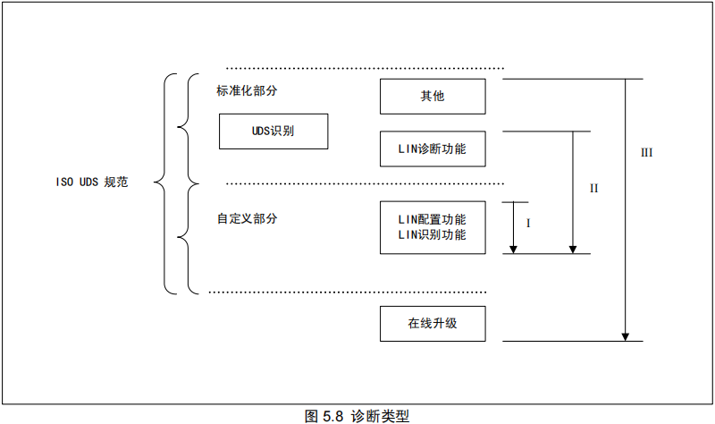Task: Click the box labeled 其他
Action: [x=433, y=97]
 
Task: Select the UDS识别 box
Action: [x=273, y=131]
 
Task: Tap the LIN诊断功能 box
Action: [x=433, y=148]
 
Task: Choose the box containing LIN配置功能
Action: [x=433, y=227]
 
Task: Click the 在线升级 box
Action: [x=433, y=324]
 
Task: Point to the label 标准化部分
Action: [x=247, y=91]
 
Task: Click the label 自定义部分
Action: [x=247, y=218]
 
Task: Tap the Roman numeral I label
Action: [x=528, y=224]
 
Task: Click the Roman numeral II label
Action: [x=593, y=189]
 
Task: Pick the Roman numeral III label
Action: [x=646, y=152]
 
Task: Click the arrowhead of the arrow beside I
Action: [x=514, y=248]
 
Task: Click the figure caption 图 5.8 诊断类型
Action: [x=357, y=415]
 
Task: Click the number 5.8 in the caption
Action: [x=333, y=415]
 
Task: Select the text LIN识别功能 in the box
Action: [x=433, y=235]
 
